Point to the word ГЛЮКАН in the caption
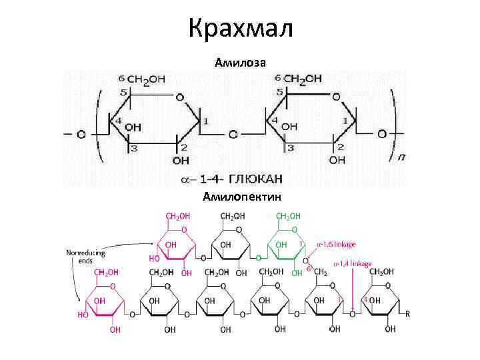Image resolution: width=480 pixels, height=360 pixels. click(255, 178)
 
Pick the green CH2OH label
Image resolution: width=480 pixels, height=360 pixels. click(287, 216)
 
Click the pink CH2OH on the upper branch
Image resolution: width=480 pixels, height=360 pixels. click(177, 216)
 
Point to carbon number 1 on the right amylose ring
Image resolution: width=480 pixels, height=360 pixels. click(345, 121)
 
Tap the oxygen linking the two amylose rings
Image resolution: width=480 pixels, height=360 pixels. click(233, 134)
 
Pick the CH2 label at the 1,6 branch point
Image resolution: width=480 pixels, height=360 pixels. click(320, 272)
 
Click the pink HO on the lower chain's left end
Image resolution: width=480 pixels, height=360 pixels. click(83, 314)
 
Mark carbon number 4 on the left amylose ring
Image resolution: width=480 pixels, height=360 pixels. click(119, 121)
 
